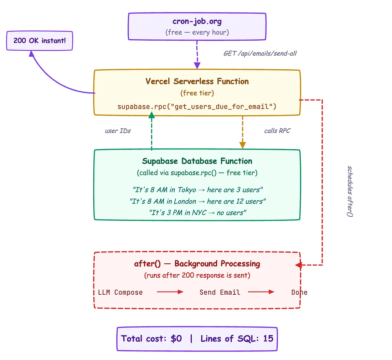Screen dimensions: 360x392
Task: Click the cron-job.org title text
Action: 197,21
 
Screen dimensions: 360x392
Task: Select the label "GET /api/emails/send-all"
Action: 260,54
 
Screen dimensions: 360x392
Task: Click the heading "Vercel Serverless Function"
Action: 197,81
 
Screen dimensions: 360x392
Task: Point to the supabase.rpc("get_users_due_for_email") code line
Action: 197,107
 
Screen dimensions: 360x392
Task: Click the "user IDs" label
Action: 118,131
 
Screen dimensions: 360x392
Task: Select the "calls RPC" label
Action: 277,131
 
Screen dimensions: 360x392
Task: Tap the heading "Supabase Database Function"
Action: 197,161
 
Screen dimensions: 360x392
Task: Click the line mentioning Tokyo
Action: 197,189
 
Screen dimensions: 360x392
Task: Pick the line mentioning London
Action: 197,201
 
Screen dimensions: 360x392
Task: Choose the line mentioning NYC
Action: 197,213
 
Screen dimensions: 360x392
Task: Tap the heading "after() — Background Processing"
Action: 197,264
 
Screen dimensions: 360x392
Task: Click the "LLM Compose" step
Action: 120,293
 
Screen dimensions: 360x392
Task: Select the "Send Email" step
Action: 220,293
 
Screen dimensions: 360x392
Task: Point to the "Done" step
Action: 299,293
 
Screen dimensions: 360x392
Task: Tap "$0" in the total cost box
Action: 176,339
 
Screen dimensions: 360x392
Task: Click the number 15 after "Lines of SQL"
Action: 268,339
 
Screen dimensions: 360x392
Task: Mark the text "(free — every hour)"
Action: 197,32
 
